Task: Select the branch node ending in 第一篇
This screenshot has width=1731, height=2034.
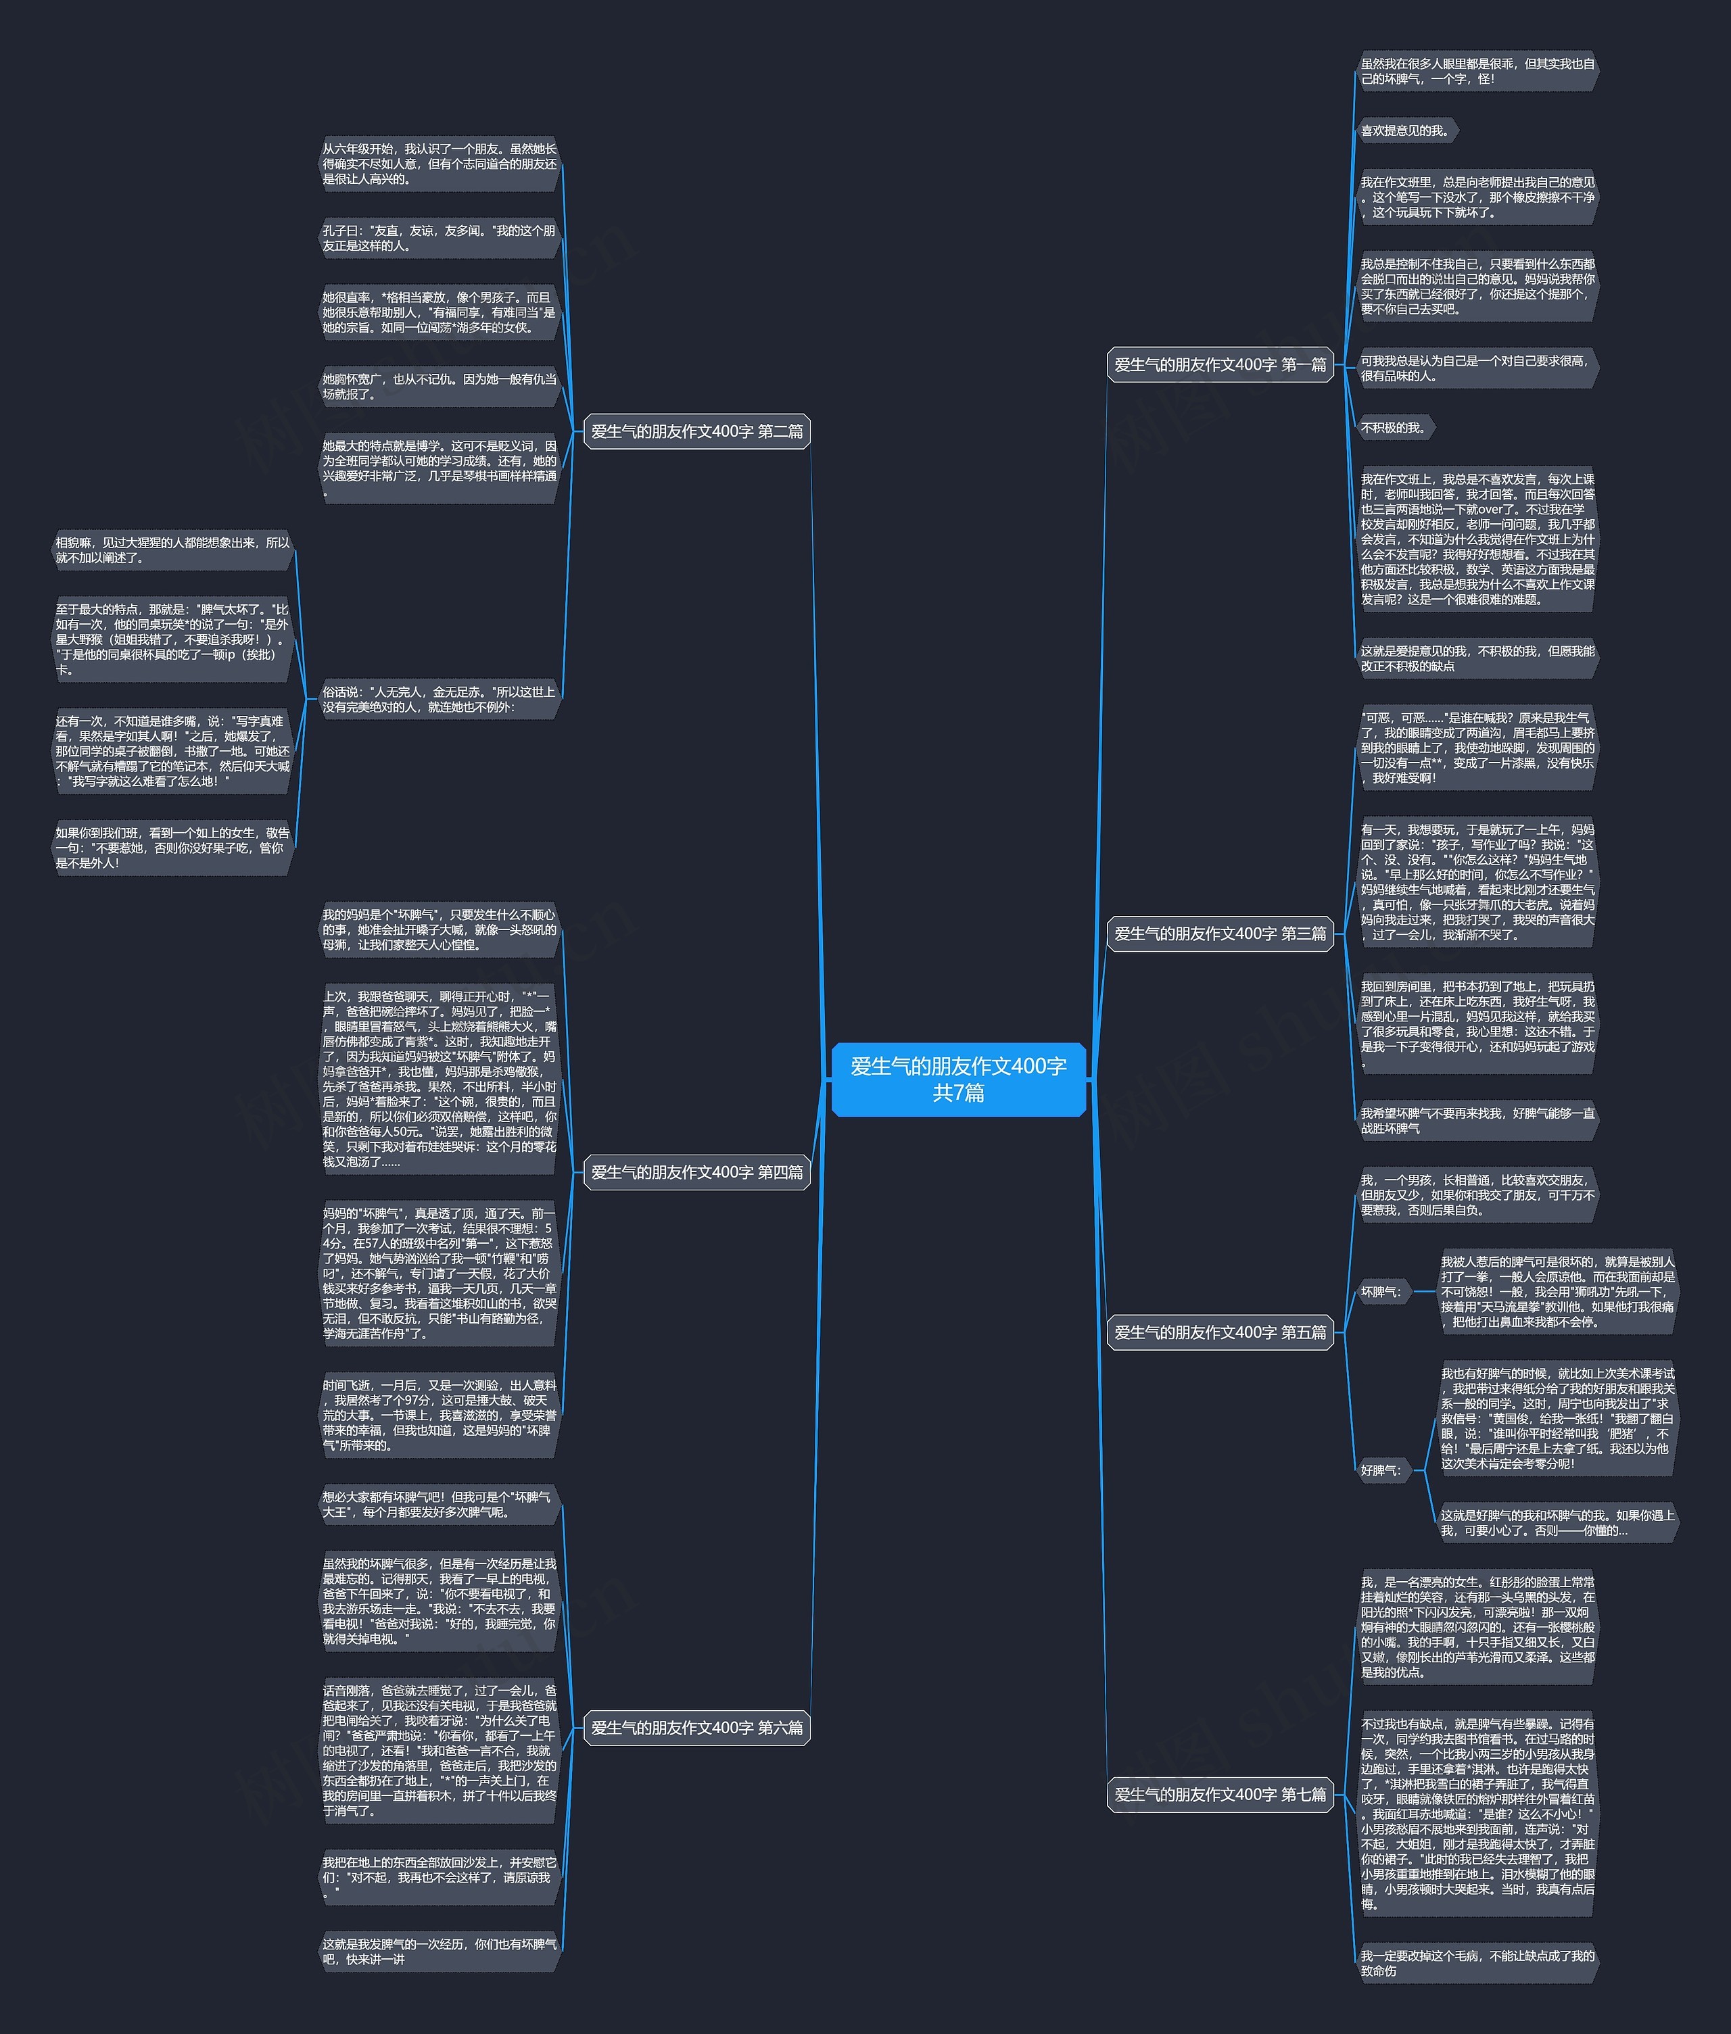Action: tap(1220, 364)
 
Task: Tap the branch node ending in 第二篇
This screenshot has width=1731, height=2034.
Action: tap(696, 431)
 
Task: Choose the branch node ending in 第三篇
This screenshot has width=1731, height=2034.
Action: tap(1220, 933)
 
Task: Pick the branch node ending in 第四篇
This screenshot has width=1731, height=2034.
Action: tap(696, 1171)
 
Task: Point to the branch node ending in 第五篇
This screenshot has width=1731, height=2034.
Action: tap(1220, 1332)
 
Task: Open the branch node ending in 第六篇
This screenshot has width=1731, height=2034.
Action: tap(696, 1727)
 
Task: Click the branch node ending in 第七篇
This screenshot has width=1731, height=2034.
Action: tap(1220, 1793)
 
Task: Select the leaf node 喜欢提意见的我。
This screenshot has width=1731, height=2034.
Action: tap(1405, 130)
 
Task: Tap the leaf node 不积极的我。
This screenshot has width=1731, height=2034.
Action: tap(1394, 428)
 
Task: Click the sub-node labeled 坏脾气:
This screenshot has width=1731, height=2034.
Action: tap(1381, 1291)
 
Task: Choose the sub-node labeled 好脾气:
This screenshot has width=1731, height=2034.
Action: tap(1381, 1470)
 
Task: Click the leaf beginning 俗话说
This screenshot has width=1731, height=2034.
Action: tap(439, 698)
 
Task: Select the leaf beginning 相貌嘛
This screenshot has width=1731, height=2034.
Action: tap(172, 550)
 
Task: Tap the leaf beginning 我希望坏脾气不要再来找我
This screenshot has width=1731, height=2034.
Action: tap(1477, 1121)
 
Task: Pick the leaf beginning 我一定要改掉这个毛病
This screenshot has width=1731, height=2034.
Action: tap(1477, 1962)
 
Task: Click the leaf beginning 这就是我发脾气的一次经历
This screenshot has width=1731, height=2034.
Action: tap(439, 1951)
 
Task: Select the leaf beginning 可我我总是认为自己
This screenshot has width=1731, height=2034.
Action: tap(1477, 368)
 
